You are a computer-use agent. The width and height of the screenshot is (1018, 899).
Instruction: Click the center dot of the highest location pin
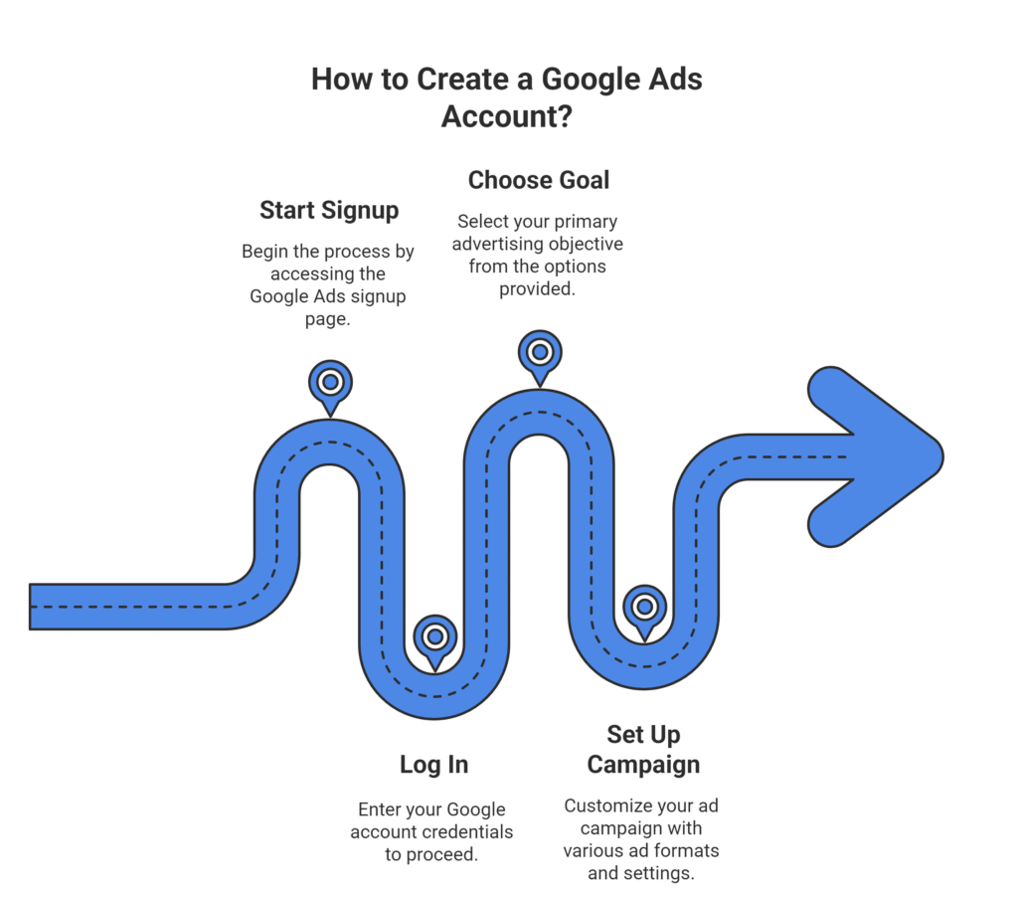coord(540,352)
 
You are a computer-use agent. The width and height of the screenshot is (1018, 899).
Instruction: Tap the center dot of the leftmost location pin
coord(331,382)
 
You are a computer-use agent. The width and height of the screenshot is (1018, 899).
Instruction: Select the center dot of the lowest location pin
coord(435,636)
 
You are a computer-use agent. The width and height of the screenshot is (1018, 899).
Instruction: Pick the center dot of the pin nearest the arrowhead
coord(644,607)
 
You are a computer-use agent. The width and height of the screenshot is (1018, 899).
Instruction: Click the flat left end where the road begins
coord(34,607)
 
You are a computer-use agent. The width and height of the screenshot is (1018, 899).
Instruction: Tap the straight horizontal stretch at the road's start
coord(129,607)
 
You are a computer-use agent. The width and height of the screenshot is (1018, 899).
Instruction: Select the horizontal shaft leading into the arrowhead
coord(795,456)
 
